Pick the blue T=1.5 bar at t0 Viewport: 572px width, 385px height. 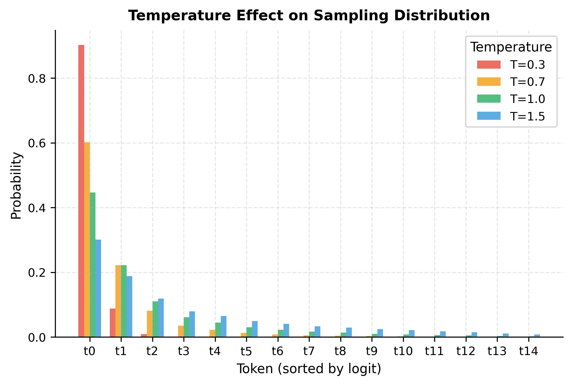[98, 288]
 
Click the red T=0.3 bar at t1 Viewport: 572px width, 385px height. [113, 323]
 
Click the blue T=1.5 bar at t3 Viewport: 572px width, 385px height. [192, 324]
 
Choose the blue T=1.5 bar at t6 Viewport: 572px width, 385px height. [286, 331]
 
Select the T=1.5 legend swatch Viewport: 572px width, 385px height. [489, 116]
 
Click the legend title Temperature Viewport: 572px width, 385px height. [511, 47]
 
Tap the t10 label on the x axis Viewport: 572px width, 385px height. [403, 351]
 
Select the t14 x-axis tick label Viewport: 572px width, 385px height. [529, 351]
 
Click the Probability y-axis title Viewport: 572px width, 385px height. [16, 186]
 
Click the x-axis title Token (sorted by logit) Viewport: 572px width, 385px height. [309, 369]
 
